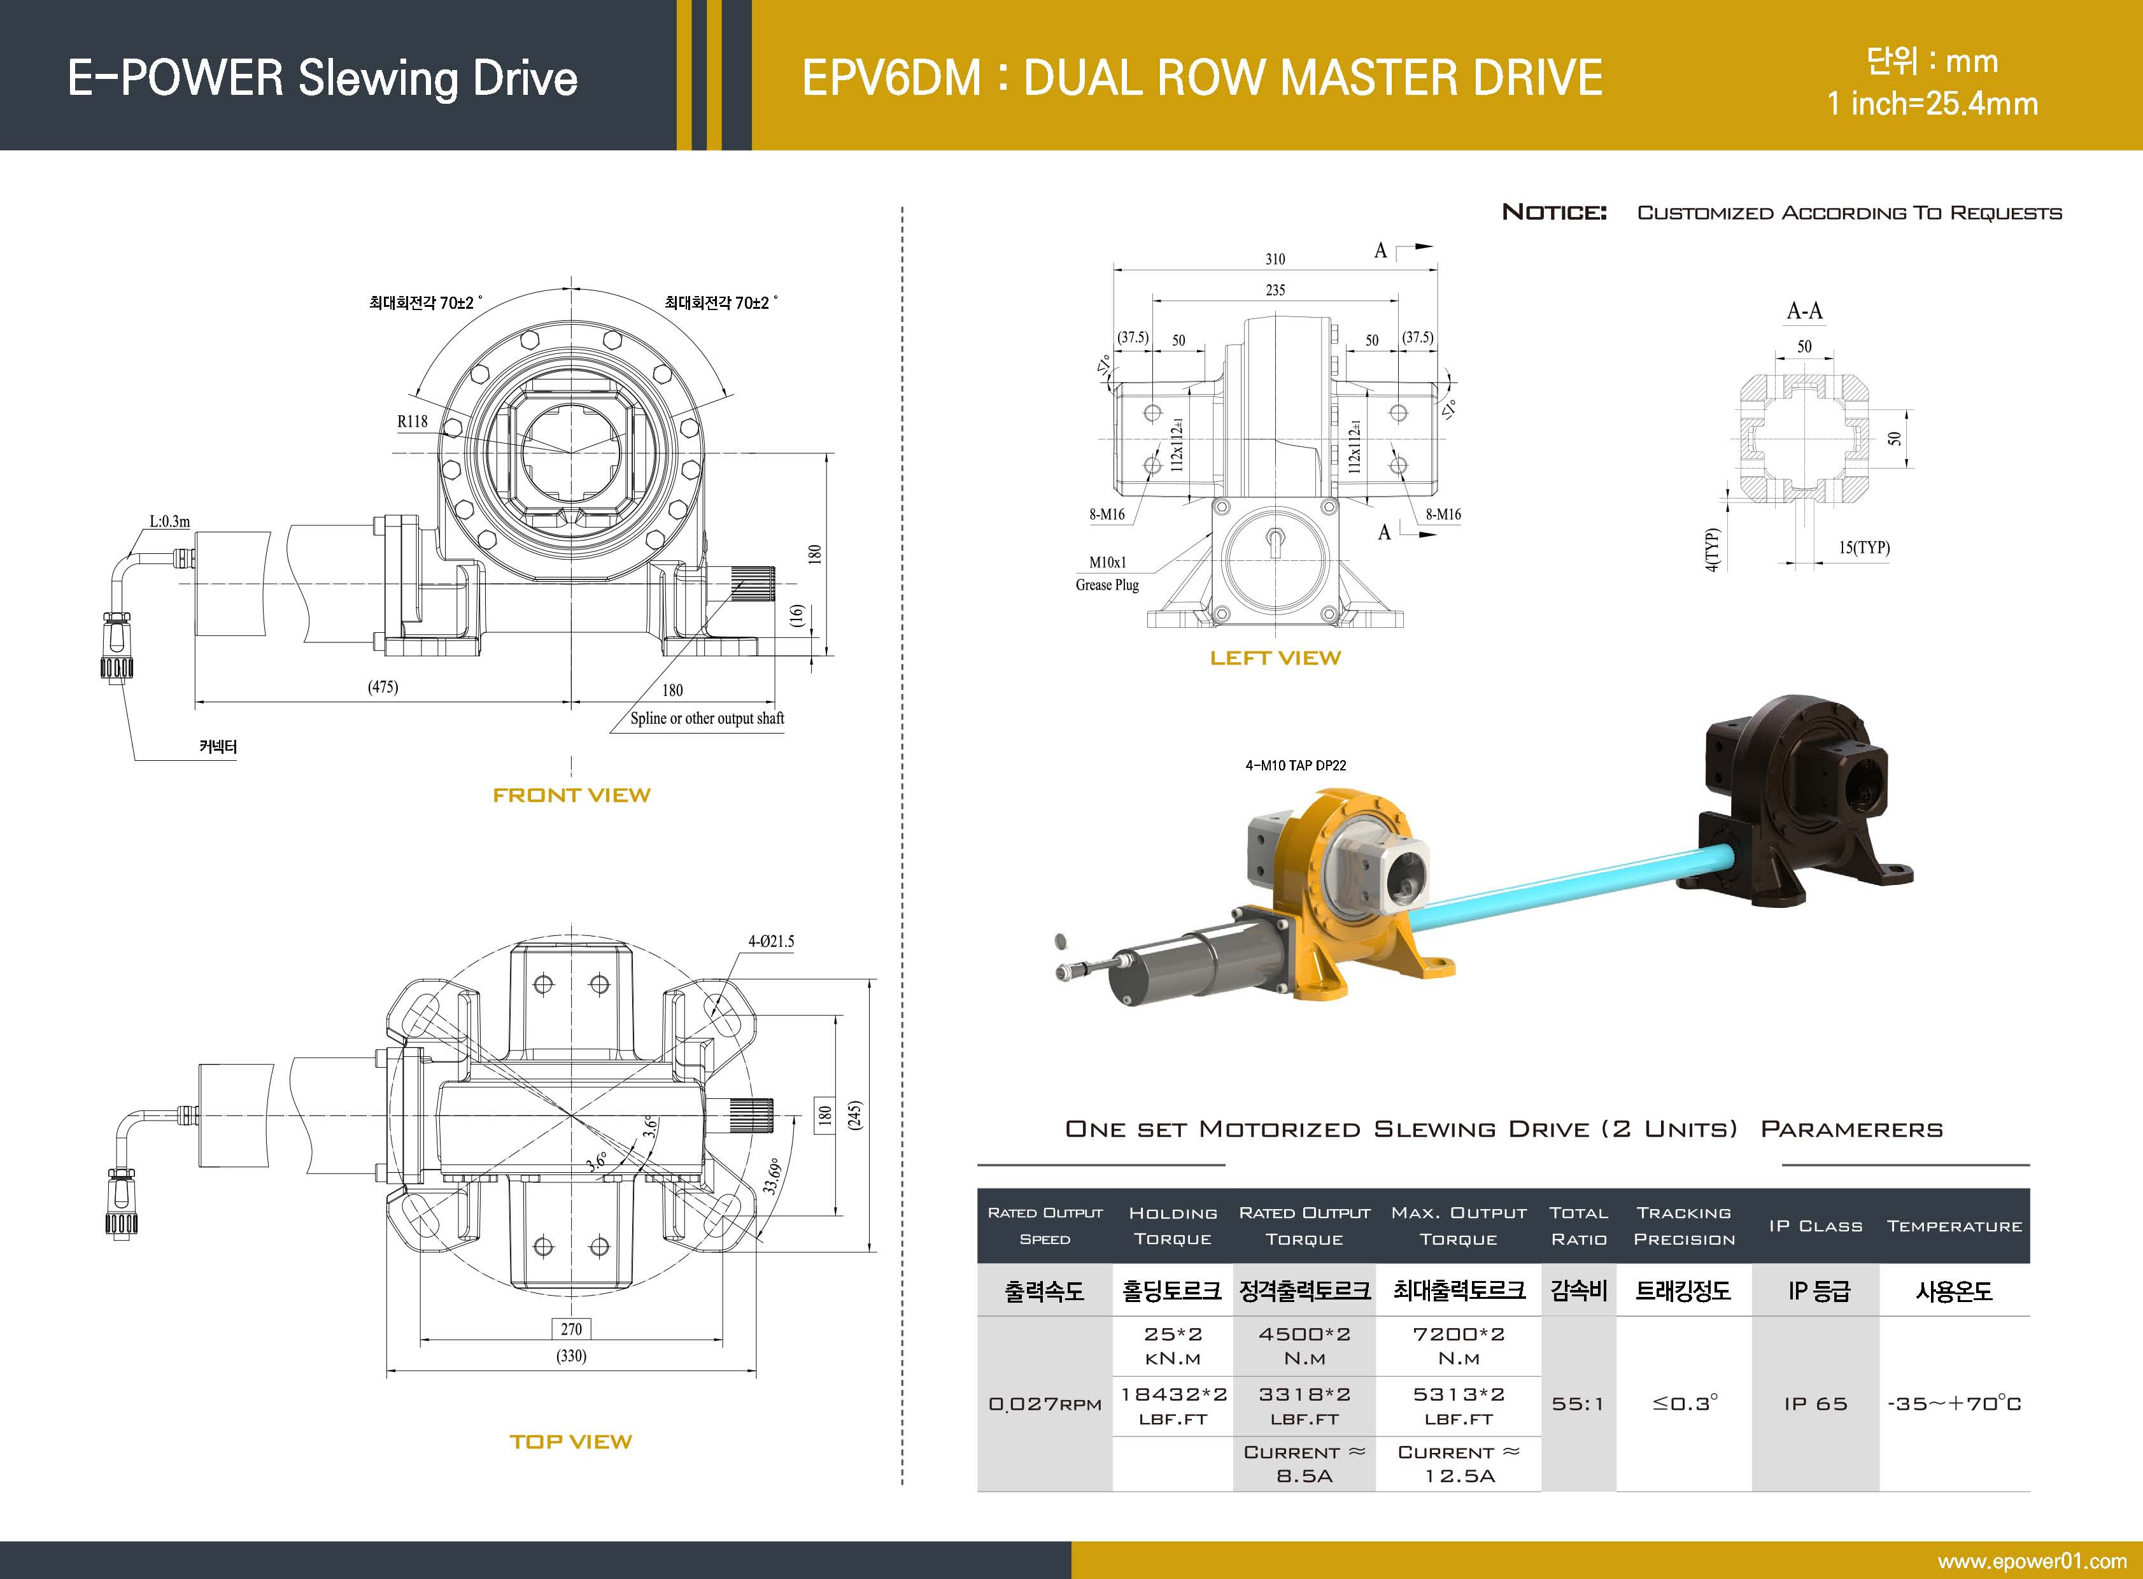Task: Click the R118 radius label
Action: (412, 421)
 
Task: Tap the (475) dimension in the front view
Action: (383, 687)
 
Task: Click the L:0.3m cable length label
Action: (169, 522)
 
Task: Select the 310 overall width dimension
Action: (1275, 259)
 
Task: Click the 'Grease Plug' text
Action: (1107, 585)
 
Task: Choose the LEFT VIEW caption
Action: (1275, 658)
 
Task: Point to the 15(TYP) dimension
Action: (1864, 548)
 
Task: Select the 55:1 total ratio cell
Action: (1578, 1403)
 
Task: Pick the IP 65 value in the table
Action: (1815, 1403)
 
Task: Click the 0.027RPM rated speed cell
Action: (1045, 1403)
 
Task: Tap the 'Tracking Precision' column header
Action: (1683, 1226)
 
